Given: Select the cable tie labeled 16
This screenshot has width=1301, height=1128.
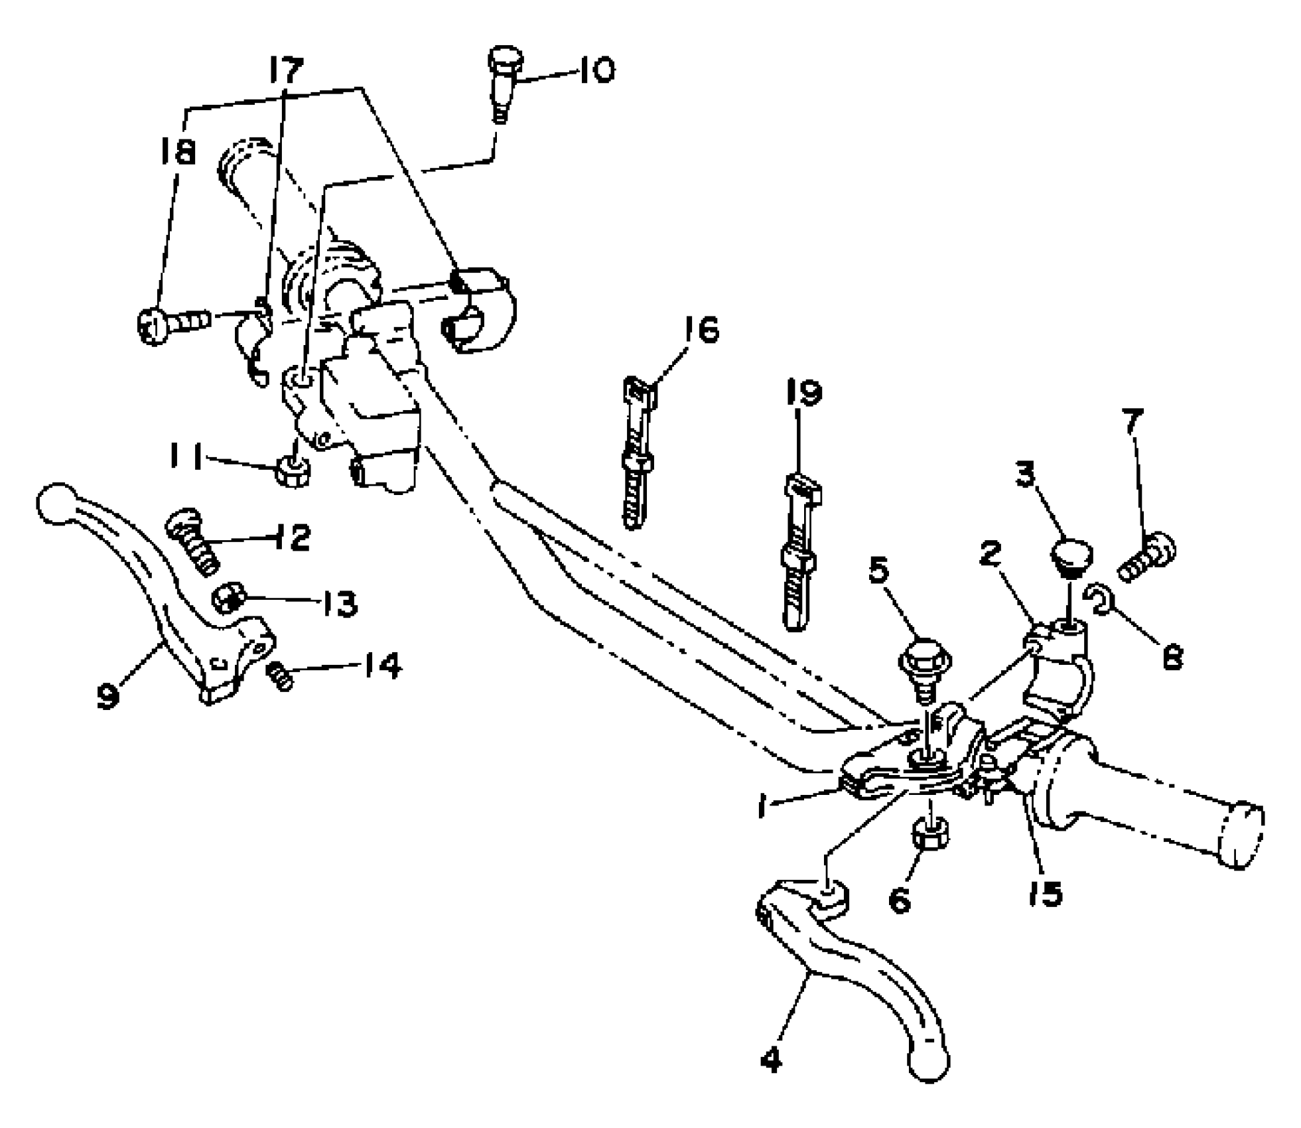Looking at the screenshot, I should pyautogui.click(x=638, y=451).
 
